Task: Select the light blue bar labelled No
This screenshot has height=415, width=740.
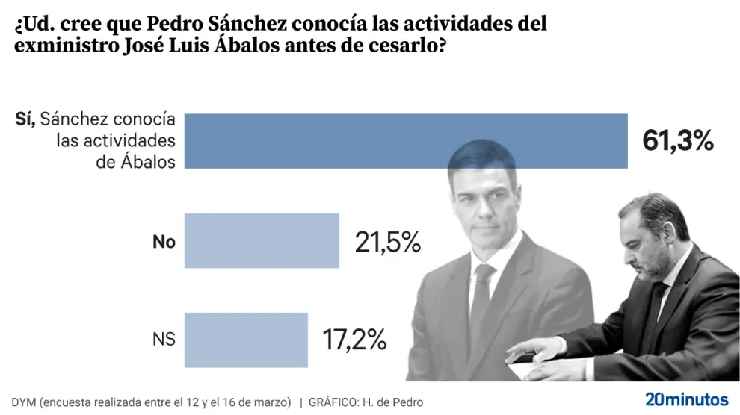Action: (262, 241)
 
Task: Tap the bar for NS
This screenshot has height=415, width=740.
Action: (246, 340)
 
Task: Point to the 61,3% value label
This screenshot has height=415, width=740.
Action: (678, 140)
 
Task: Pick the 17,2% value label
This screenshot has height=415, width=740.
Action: (354, 340)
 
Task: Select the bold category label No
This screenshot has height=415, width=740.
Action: (164, 242)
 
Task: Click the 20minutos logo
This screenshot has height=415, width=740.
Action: (685, 399)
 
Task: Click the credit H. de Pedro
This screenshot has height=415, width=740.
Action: (392, 402)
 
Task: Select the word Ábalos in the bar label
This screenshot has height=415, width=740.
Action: (146, 161)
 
